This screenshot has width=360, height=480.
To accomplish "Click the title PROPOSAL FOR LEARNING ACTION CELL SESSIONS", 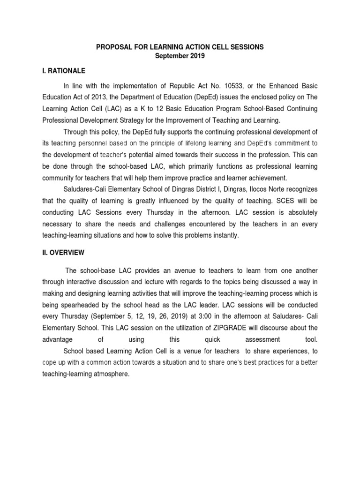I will (180, 47).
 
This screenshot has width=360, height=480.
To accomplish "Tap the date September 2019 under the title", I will (180, 56).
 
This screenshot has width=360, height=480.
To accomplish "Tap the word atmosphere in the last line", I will (110, 374).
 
